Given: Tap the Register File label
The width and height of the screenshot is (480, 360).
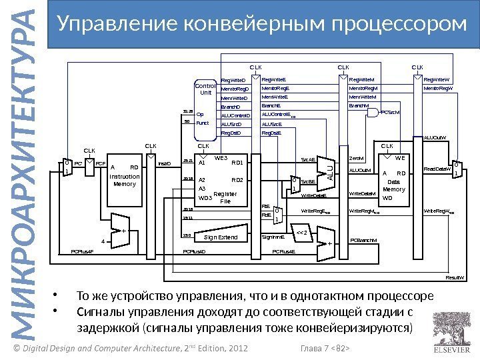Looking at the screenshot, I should click(225, 197).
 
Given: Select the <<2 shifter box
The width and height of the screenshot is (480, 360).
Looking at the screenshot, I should click(300, 233).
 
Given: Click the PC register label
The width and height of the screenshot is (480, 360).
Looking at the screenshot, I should click(78, 163).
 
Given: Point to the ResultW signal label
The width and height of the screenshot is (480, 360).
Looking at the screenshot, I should click(455, 275).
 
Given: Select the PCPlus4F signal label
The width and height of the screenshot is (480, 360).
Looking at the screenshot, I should click(82, 251).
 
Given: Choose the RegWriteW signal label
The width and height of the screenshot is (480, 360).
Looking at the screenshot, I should click(438, 79).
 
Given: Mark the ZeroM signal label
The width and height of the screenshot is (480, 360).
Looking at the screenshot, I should click(358, 159).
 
